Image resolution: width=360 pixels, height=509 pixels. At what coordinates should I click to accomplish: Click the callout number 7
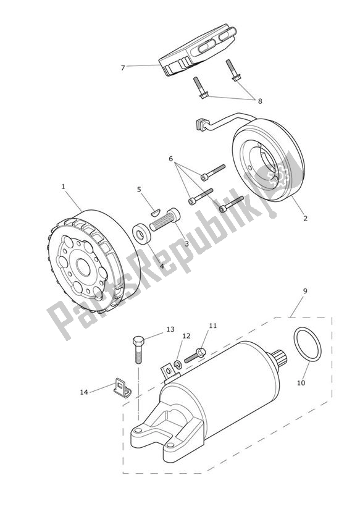click(122, 67)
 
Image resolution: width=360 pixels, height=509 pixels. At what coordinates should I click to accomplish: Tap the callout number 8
click(259, 100)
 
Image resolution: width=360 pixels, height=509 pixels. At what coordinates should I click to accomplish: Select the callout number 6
click(170, 159)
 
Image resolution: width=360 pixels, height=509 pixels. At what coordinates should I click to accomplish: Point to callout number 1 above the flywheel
click(63, 185)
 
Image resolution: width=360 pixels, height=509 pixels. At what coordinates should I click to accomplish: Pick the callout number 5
click(140, 190)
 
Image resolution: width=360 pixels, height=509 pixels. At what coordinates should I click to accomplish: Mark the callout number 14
click(84, 392)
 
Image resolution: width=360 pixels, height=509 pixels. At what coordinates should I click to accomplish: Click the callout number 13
click(170, 329)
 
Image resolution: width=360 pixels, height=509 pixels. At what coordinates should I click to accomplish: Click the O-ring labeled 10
click(306, 345)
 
